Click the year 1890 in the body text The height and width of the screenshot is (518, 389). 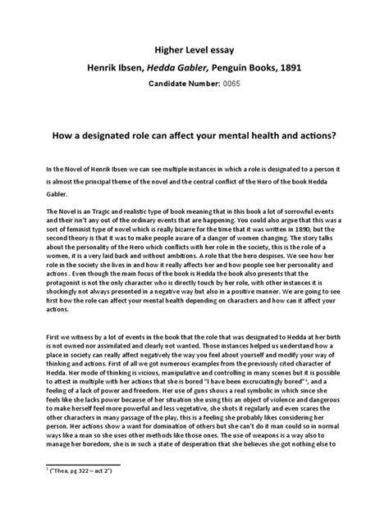[x=289, y=232]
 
